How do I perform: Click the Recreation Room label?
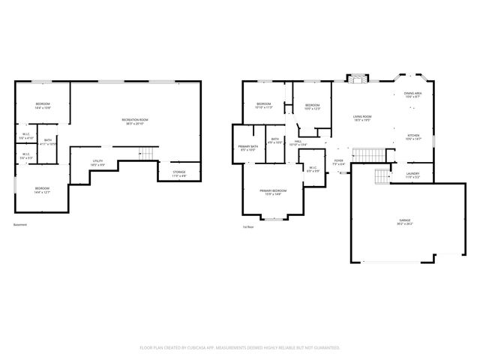click(x=135, y=120)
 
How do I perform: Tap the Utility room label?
click(x=97, y=161)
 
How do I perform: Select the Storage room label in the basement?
click(x=178, y=173)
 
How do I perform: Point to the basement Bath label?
click(x=47, y=141)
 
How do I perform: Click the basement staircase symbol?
click(x=148, y=153)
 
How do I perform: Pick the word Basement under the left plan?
click(x=21, y=225)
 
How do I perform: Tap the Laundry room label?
click(x=413, y=174)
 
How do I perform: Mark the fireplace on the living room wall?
click(x=355, y=77)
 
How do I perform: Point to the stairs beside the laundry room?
click(x=382, y=178)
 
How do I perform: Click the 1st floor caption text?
click(x=247, y=226)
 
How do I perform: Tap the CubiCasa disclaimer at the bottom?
click(x=240, y=347)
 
